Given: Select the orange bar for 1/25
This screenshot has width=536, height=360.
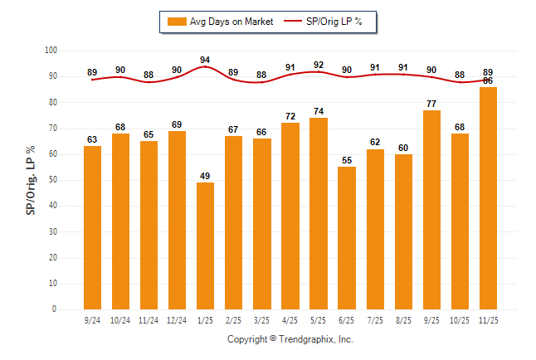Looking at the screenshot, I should click(x=205, y=246).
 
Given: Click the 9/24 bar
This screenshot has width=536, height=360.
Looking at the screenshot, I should click(x=92, y=227).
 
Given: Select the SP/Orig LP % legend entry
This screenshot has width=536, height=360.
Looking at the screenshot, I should click(x=327, y=22).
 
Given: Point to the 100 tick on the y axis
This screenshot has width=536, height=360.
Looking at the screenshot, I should click(x=51, y=51).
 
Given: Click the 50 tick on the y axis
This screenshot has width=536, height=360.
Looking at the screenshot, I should click(x=52, y=180).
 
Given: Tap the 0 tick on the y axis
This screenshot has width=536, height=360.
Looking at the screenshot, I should click(x=55, y=309).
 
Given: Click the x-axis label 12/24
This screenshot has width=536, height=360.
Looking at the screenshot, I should click(x=177, y=319).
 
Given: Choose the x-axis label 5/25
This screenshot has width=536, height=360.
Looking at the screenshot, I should click(x=319, y=319).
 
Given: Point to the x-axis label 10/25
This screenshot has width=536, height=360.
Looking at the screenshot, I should click(x=460, y=319).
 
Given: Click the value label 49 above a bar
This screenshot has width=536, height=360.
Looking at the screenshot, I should click(x=205, y=175).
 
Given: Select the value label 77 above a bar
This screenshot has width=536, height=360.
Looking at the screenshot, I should click(x=431, y=103).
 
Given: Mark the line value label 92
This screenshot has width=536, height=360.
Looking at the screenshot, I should click(x=319, y=65).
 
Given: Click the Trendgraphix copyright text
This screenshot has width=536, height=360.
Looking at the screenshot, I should click(x=290, y=339).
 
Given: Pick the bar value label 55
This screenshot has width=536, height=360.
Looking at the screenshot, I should click(x=346, y=159).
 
